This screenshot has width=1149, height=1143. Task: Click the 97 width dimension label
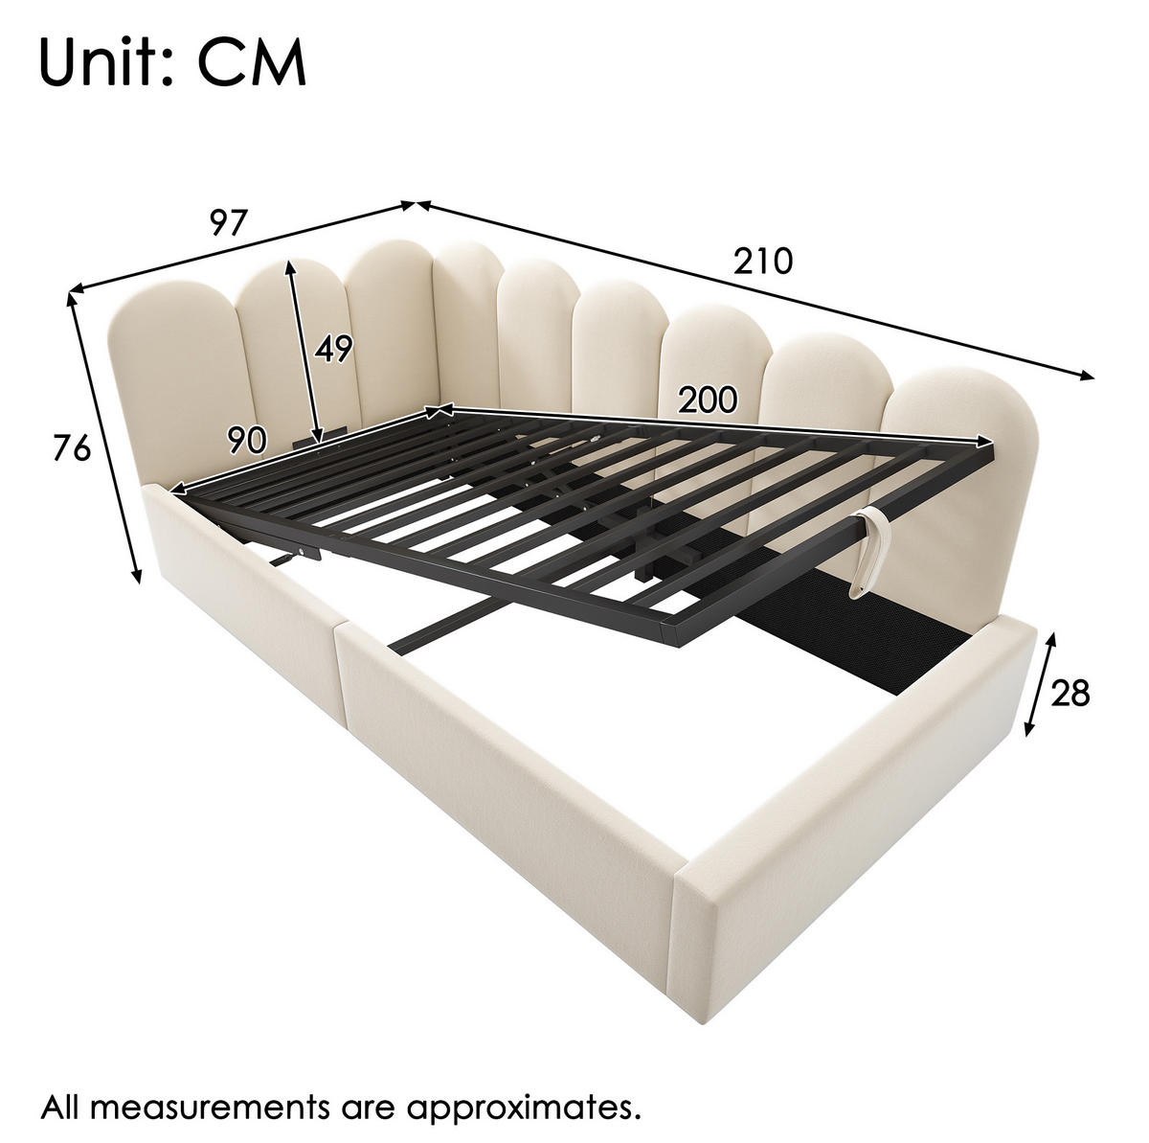click(228, 222)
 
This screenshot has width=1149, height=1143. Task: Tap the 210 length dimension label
click(763, 261)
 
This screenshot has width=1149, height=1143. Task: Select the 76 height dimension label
click(72, 448)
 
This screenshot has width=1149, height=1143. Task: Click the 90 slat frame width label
click(246, 441)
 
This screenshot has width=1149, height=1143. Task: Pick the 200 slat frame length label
click(708, 400)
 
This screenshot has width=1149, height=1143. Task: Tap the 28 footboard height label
click(1070, 693)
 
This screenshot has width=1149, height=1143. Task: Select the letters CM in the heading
click(252, 62)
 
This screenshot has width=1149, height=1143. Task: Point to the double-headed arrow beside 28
click(1039, 684)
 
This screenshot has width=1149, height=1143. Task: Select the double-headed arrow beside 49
click(304, 353)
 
